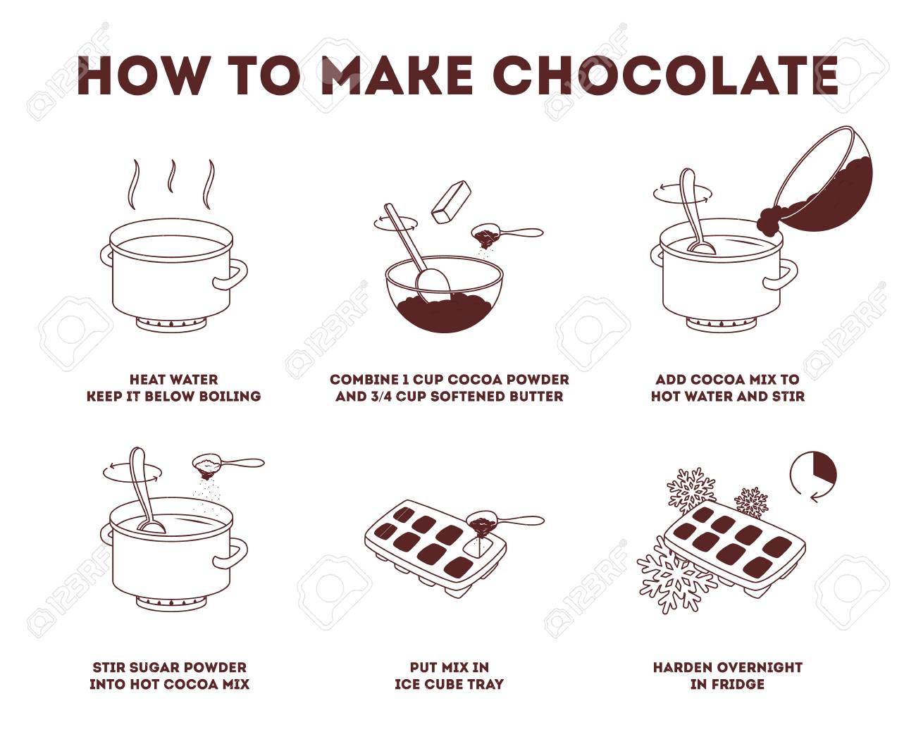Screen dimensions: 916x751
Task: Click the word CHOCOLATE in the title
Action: (x=665, y=75)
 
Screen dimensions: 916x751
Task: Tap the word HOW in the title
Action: (x=142, y=75)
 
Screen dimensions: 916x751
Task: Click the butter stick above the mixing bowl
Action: (x=451, y=202)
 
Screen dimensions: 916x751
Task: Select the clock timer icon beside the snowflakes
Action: (x=812, y=477)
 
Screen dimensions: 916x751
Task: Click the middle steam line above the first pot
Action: (x=173, y=176)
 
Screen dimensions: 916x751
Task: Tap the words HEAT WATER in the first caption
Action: (x=174, y=380)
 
